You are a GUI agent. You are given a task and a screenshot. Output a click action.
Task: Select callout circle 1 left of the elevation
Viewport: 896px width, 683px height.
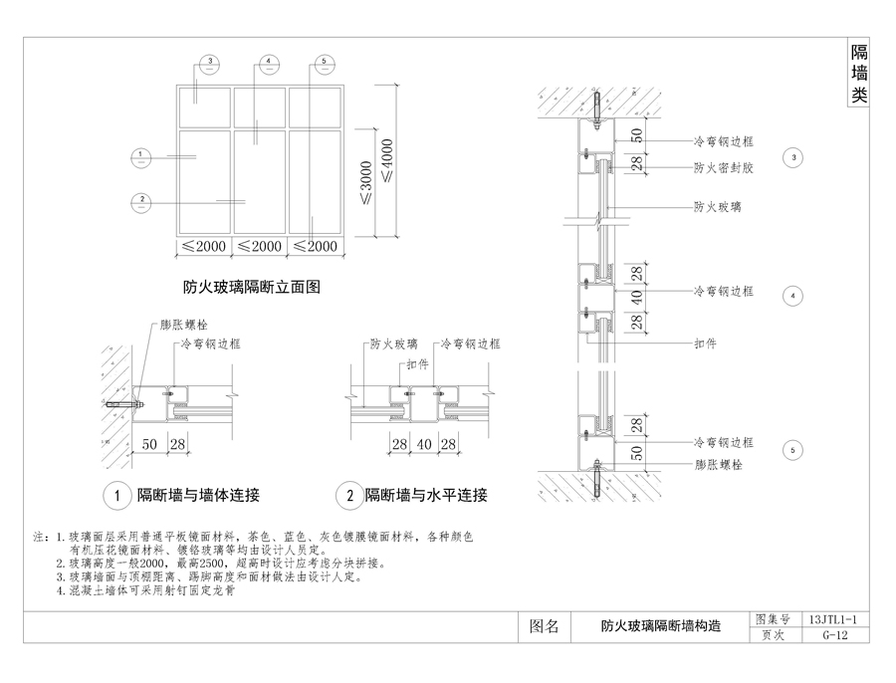coord(142,155)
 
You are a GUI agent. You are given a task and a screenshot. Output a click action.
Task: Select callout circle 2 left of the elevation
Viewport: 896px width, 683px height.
coord(142,200)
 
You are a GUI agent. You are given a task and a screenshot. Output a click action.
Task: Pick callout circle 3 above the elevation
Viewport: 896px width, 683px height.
coord(209,63)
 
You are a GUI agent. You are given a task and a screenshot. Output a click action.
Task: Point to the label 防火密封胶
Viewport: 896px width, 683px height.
coord(723,168)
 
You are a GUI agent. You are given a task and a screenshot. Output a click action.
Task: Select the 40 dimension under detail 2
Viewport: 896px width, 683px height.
coord(423,443)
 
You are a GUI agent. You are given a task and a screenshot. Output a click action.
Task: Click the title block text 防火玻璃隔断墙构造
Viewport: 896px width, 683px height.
coord(661,627)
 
